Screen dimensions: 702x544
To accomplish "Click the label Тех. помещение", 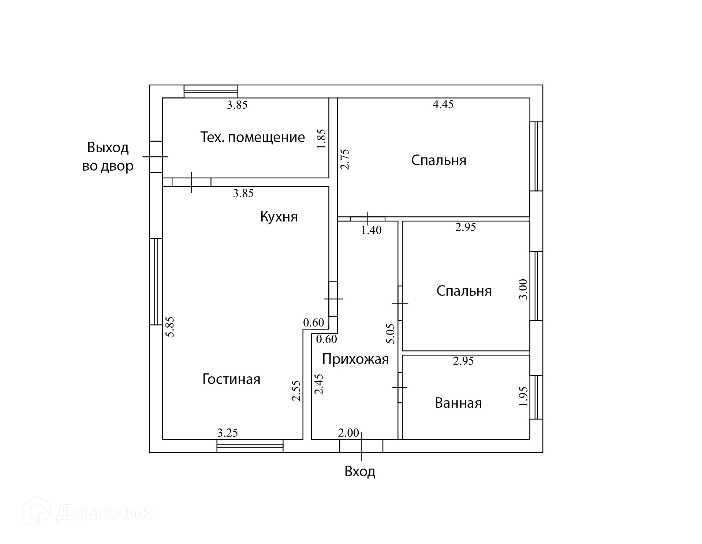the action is [x=253, y=137].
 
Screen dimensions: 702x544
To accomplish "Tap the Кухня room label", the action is [x=279, y=217].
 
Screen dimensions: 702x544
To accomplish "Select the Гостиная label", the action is [x=231, y=379].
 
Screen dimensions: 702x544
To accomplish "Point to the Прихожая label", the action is [x=355, y=359].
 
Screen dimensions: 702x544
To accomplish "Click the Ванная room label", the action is [x=458, y=403].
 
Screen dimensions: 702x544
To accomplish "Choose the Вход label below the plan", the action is [x=360, y=472].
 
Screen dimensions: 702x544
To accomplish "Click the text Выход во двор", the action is [x=108, y=157].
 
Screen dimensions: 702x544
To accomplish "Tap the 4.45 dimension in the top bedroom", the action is [x=443, y=104].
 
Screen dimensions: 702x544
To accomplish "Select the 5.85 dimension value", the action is [x=170, y=327].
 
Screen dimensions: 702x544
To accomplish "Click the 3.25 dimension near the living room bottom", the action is [x=228, y=433].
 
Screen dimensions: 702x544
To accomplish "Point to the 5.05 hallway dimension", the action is [x=391, y=334].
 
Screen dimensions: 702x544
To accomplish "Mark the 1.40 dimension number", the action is [x=371, y=230].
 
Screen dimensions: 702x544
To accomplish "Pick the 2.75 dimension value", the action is [x=345, y=159].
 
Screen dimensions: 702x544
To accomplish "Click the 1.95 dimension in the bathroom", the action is [x=524, y=396].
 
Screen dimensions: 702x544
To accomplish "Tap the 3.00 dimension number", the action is [x=524, y=289].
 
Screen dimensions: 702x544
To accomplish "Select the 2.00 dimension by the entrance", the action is [x=348, y=433].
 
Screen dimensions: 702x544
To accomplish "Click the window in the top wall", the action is [x=210, y=91].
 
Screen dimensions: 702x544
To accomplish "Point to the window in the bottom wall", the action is [x=250, y=446].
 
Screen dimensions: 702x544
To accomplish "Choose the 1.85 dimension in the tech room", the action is [x=321, y=139].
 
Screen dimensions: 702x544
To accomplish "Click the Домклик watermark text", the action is [x=104, y=513].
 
